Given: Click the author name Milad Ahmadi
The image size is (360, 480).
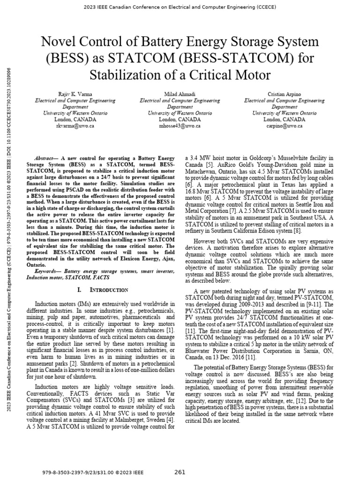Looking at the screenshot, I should (180, 94).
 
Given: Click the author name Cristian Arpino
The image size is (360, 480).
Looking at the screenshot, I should (285, 94).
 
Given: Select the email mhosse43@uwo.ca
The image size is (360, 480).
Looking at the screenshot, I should (180, 126).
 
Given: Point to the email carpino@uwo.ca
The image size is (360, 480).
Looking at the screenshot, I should (285, 126).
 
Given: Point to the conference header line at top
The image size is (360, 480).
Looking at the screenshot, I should (180, 7).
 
